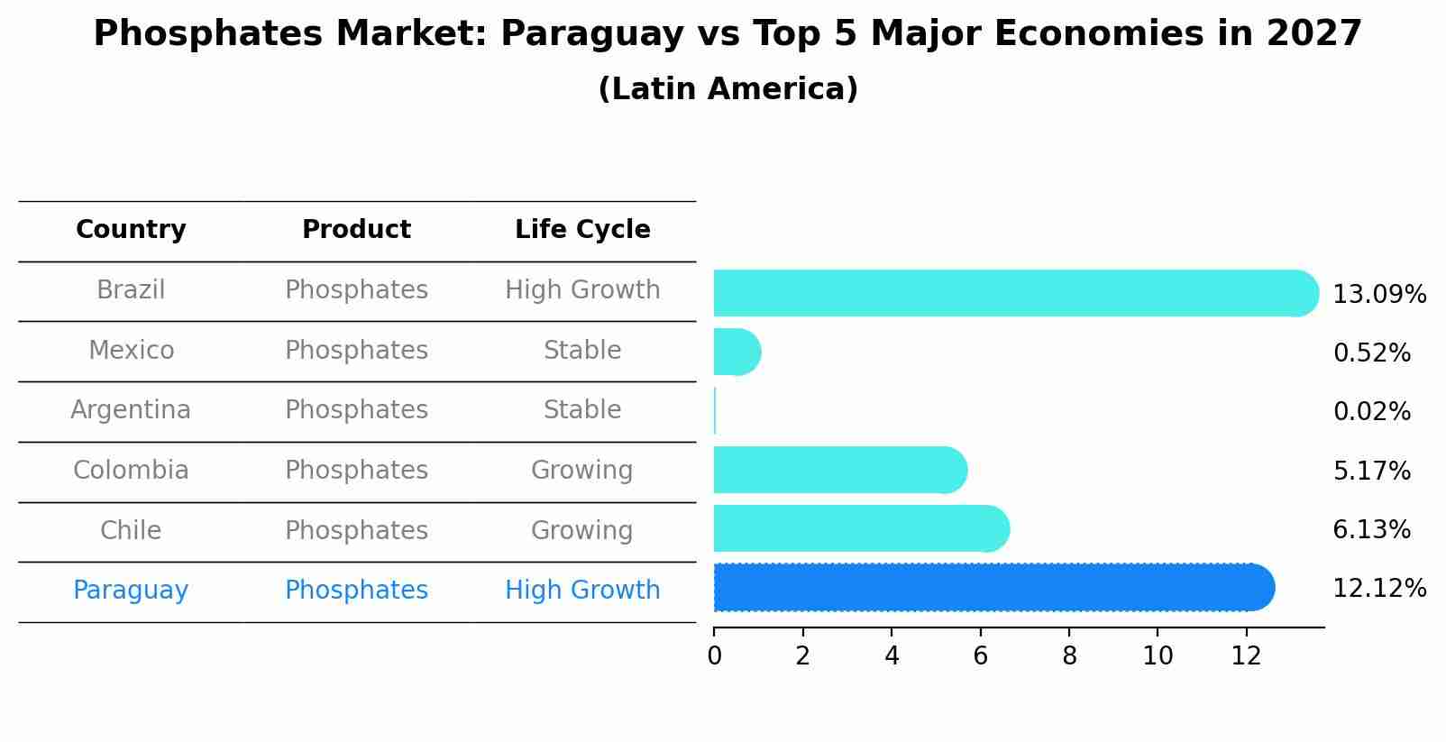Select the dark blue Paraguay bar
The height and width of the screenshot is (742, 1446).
tap(992, 588)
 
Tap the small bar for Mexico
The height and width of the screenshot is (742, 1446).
tap(736, 352)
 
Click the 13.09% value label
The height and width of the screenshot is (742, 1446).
tap(1378, 295)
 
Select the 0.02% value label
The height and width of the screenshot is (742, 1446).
tap(1371, 412)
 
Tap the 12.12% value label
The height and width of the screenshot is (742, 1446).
tap(1378, 589)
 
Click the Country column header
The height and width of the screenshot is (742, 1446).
tap(131, 230)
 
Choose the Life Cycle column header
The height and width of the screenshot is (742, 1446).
tap(582, 230)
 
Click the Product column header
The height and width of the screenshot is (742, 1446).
tap(356, 230)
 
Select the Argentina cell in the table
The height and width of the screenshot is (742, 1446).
tap(131, 410)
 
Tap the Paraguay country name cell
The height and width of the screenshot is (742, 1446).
tap(131, 591)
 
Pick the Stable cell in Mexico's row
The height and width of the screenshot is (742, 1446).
tap(582, 351)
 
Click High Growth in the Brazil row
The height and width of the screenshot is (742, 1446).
tap(582, 290)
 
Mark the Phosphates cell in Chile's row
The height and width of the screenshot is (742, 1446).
tap(356, 531)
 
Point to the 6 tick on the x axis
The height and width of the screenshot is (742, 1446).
tap(980, 656)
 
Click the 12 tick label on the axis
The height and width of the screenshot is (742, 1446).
tap(1246, 656)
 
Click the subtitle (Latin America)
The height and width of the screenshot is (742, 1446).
tap(728, 89)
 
